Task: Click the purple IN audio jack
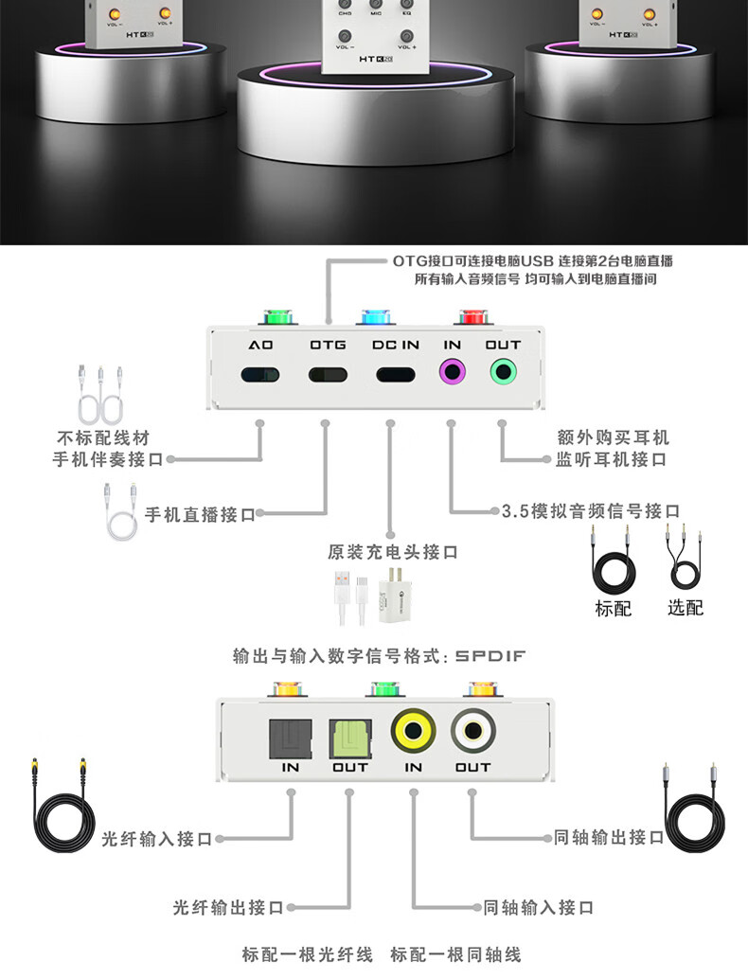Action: click(453, 372)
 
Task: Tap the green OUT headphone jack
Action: click(503, 372)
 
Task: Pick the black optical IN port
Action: click(290, 734)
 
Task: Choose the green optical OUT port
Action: click(349, 734)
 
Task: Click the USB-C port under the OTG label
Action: click(328, 373)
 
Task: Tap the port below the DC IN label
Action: click(396, 373)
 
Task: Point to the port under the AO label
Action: click(260, 373)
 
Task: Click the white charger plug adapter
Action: click(393, 597)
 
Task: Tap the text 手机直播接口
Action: click(200, 516)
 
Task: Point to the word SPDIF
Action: click(490, 655)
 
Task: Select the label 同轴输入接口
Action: click(538, 908)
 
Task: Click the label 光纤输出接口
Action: click(228, 908)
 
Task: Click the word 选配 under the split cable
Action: click(685, 608)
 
